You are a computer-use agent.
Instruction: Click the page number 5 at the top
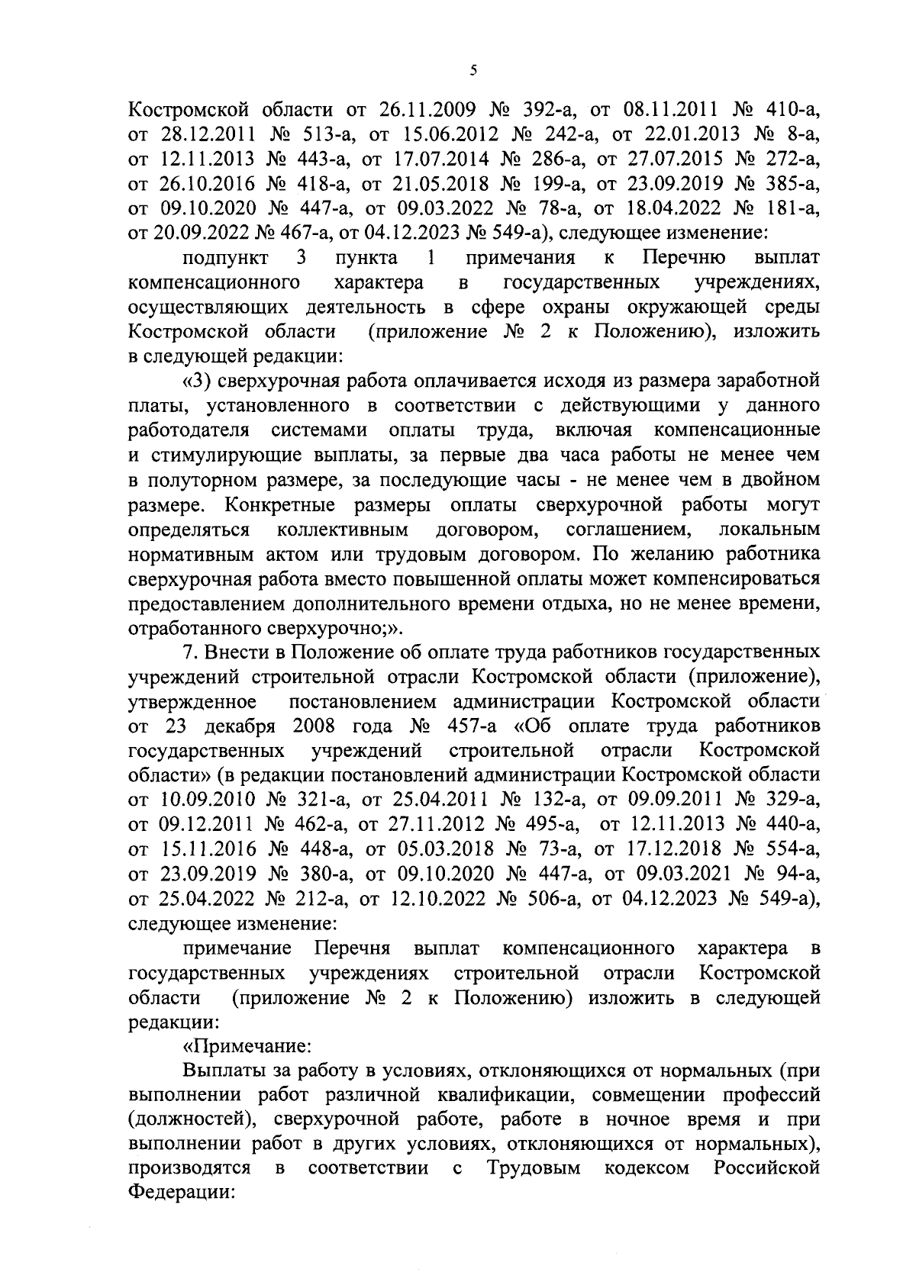pyautogui.click(x=473, y=71)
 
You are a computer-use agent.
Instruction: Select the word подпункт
pyautogui.click(x=225, y=258)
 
